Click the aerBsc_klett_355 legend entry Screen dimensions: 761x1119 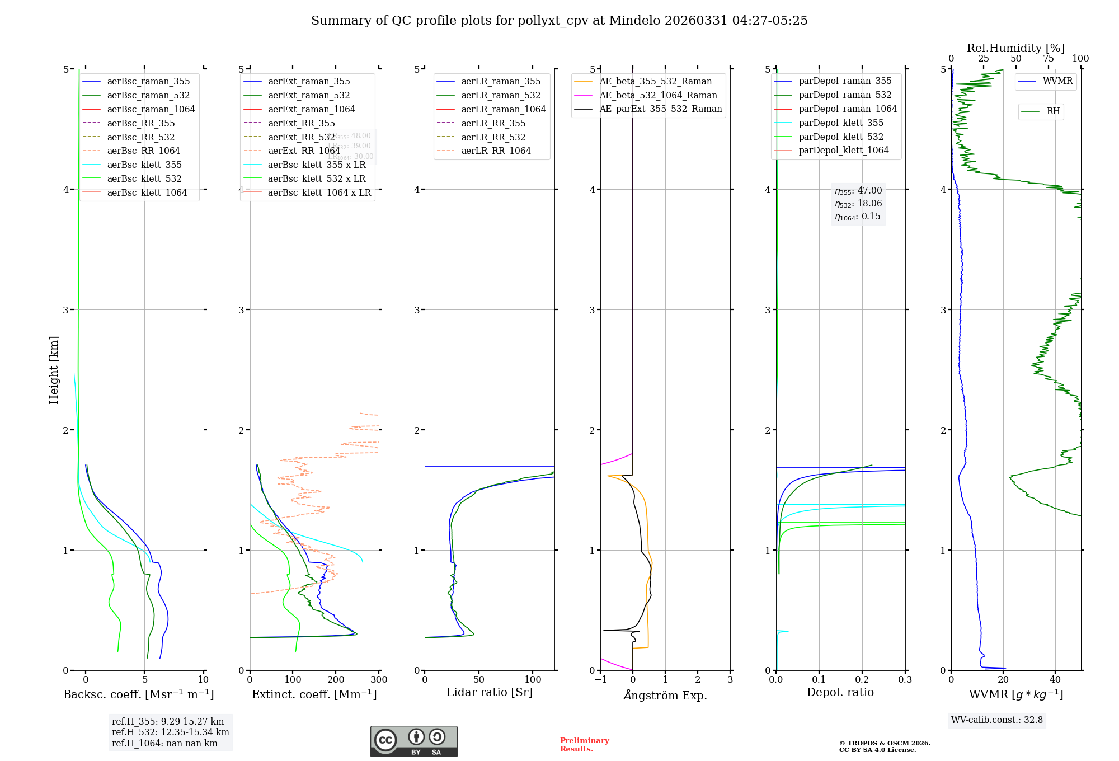pyautogui.click(x=144, y=165)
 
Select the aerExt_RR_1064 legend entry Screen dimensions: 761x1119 pyautogui.click(x=304, y=151)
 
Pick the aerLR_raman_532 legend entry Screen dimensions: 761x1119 pyautogui.click(x=501, y=95)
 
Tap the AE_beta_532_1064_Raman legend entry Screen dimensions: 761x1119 pyautogui.click(x=658, y=95)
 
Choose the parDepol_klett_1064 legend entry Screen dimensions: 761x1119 pyautogui.click(x=843, y=150)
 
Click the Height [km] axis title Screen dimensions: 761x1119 pyautogui.click(x=54, y=370)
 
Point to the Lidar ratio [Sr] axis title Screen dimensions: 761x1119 pyautogui.click(x=490, y=692)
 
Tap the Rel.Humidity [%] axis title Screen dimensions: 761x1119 pyautogui.click(x=1015, y=48)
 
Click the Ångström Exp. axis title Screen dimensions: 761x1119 pyautogui.click(x=665, y=695)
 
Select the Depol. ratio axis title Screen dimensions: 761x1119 pyautogui.click(x=840, y=692)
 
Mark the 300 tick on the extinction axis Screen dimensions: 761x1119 pyautogui.click(x=379, y=680)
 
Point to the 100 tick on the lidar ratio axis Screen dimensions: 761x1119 pyautogui.click(x=533, y=680)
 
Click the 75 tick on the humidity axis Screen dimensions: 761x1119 pyautogui.click(x=1049, y=59)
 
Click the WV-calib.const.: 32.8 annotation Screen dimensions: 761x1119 pyautogui.click(x=997, y=720)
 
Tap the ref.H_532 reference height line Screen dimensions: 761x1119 pyautogui.click(x=170, y=732)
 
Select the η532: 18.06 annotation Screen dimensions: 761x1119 pyautogui.click(x=858, y=204)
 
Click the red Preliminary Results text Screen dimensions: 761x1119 pyautogui.click(x=584, y=745)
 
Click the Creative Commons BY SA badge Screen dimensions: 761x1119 pyautogui.click(x=413, y=741)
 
